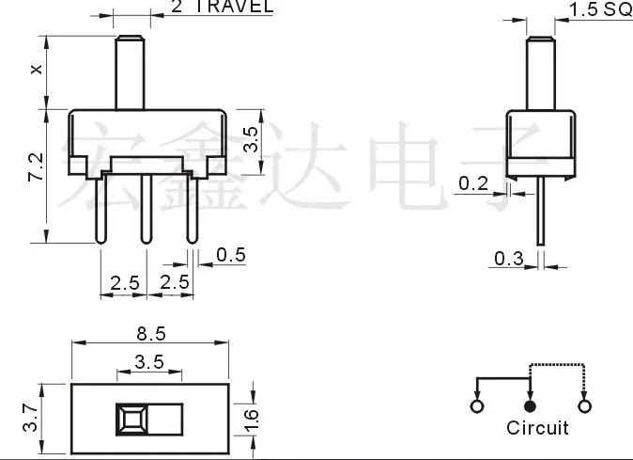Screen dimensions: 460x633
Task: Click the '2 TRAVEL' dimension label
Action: pos(222,7)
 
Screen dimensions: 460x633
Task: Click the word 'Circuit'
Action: pos(537,428)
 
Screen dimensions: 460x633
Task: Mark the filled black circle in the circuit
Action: pos(530,406)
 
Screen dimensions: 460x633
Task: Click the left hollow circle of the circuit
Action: pos(476,406)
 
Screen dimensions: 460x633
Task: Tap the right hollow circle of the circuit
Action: pos(585,406)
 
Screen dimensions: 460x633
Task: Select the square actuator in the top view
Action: pos(131,420)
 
